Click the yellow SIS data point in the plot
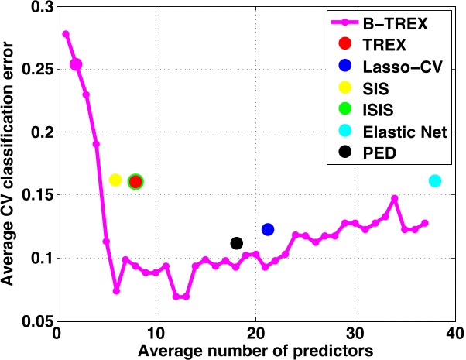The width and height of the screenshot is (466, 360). click(115, 180)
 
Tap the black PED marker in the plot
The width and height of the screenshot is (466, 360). click(237, 243)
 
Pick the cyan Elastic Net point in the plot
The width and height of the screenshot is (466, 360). click(435, 180)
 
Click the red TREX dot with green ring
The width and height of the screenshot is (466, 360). click(135, 181)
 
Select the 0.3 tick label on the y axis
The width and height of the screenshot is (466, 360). click(40, 7)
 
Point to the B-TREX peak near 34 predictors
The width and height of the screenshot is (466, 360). click(394, 198)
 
